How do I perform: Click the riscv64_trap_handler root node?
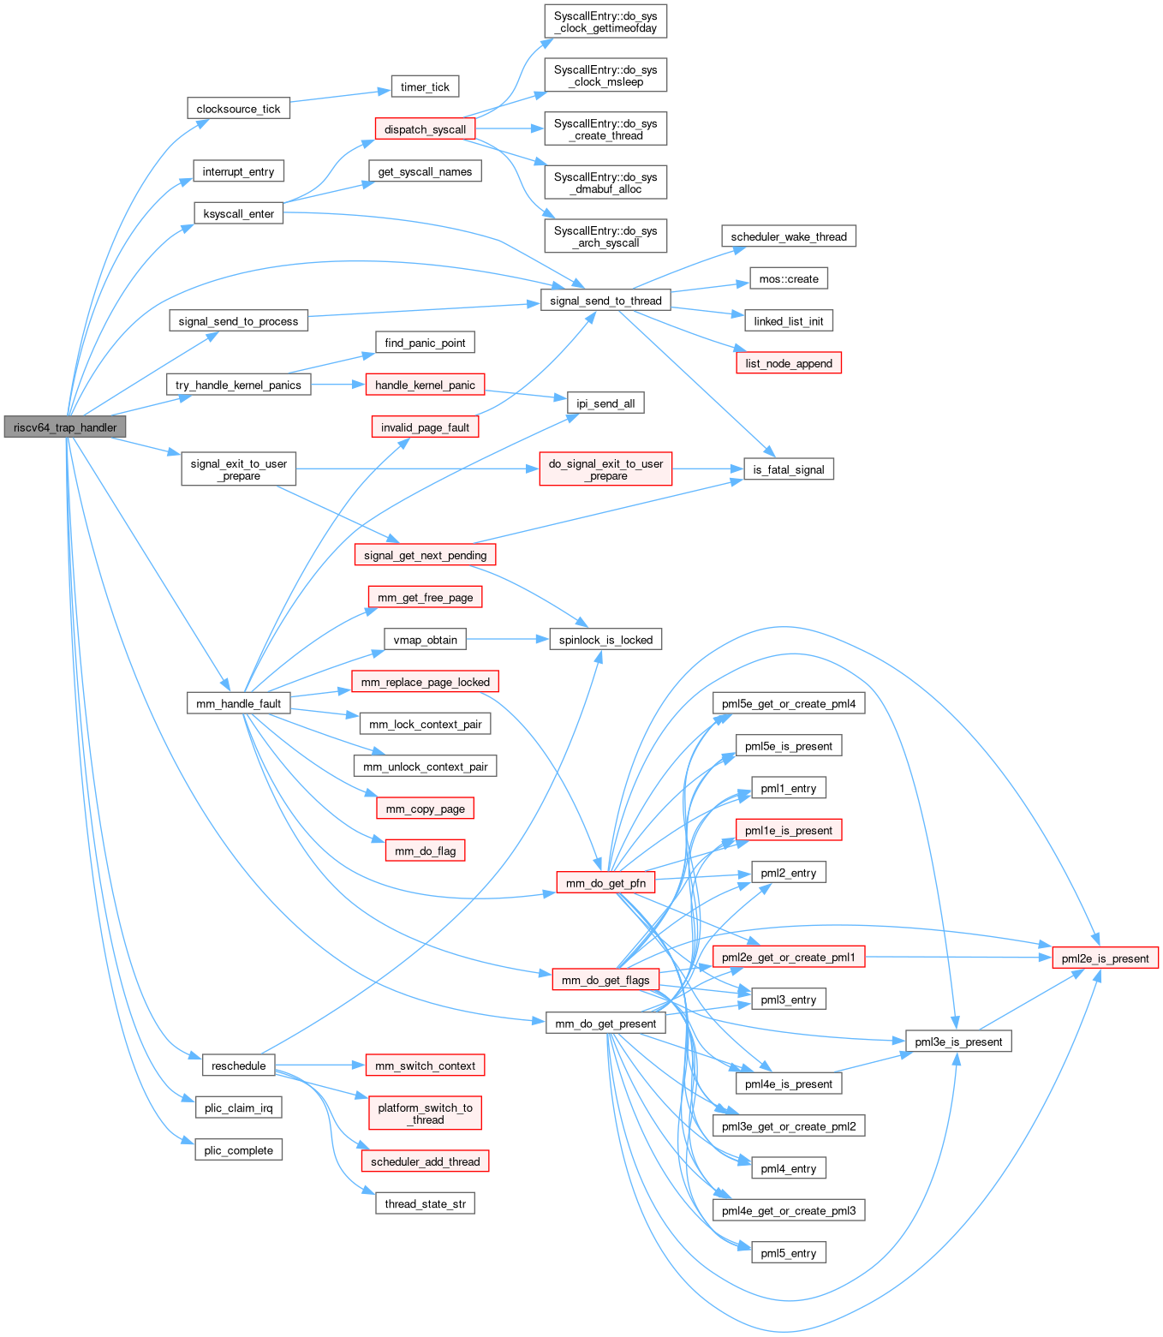(65, 427)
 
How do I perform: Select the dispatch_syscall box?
(425, 129)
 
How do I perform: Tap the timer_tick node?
(425, 87)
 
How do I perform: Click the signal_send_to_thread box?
(605, 301)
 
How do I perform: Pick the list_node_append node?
(789, 363)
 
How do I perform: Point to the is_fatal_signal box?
(789, 469)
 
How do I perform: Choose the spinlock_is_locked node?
(605, 640)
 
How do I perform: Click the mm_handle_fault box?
(239, 703)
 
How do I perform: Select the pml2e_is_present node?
(1105, 958)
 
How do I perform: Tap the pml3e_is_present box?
(958, 1042)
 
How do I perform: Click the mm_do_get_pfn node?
(605, 883)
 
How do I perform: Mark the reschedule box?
(239, 1065)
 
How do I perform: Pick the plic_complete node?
(239, 1150)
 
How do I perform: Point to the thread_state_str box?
(425, 1203)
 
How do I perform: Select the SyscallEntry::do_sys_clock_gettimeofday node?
(605, 21)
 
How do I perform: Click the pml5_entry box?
(789, 1253)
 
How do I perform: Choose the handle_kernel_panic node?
(425, 385)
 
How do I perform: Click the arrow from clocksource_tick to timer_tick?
(340, 96)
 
